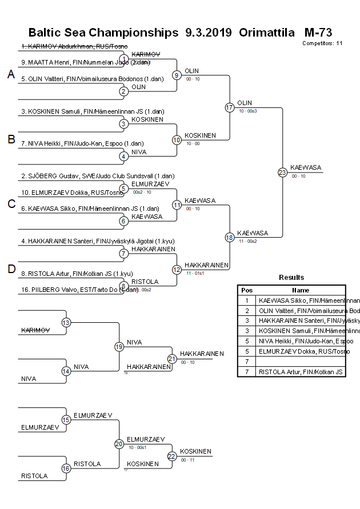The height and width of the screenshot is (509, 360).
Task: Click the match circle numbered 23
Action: pos(282,172)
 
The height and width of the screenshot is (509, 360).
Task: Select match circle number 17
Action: pos(230,107)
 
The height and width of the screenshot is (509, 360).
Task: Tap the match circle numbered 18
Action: pos(230,237)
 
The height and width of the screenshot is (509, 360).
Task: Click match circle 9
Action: pos(177,75)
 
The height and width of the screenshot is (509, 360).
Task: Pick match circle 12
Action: pos(177,269)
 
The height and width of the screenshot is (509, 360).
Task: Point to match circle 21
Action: pos(172,358)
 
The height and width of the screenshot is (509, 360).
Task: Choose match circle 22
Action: pos(172,456)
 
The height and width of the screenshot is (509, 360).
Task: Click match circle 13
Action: pos(66,323)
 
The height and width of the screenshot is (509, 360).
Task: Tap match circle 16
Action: pos(66,468)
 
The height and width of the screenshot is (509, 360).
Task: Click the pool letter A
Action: pos(11,74)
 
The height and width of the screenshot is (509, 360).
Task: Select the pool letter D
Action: pos(11,269)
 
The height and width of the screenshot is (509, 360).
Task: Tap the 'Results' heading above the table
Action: pos(291,278)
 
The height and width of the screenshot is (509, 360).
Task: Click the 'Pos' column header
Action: pos(246,290)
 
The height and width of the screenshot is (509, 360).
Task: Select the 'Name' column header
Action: pos(301,290)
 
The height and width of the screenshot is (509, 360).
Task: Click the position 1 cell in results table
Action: pos(246,300)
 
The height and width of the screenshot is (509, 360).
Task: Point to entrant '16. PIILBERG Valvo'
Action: pos(79,290)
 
